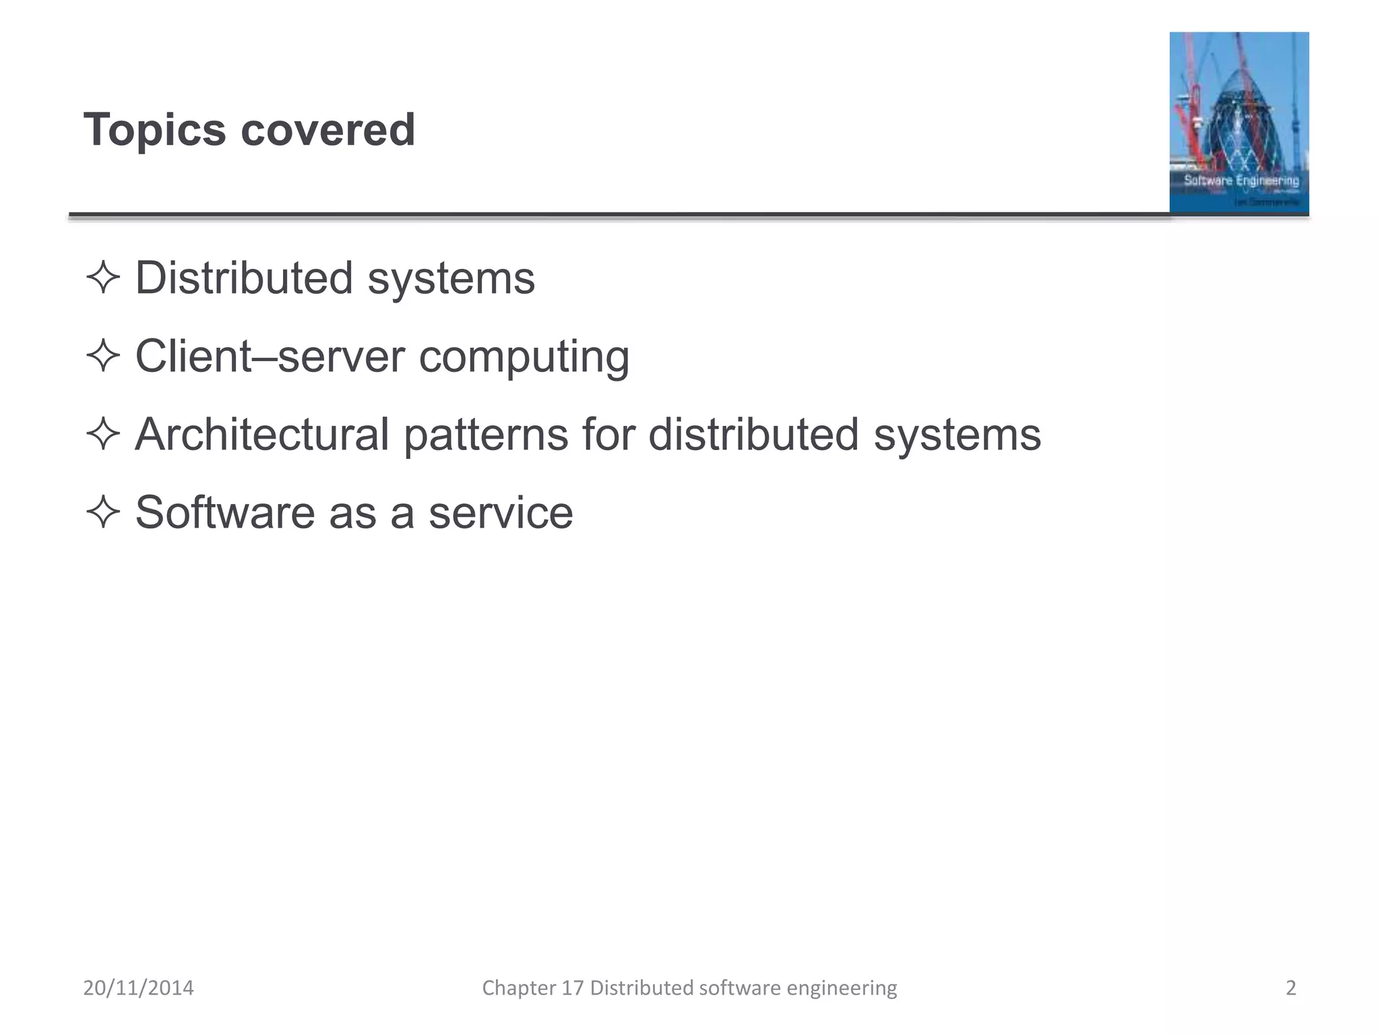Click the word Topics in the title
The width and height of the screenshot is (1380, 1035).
point(154,129)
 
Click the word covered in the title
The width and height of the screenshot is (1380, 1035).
point(327,129)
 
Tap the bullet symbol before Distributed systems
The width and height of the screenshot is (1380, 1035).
point(103,278)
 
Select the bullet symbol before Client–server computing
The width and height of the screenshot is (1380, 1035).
point(103,356)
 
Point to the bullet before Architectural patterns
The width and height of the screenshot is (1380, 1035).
point(103,434)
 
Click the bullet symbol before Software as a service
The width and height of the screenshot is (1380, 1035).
point(103,512)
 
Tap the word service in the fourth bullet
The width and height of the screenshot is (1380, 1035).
point(501,512)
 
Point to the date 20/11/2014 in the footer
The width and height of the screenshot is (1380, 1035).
point(138,988)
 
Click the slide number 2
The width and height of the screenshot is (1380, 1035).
point(1290,988)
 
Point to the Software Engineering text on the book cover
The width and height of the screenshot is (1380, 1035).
point(1241,180)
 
